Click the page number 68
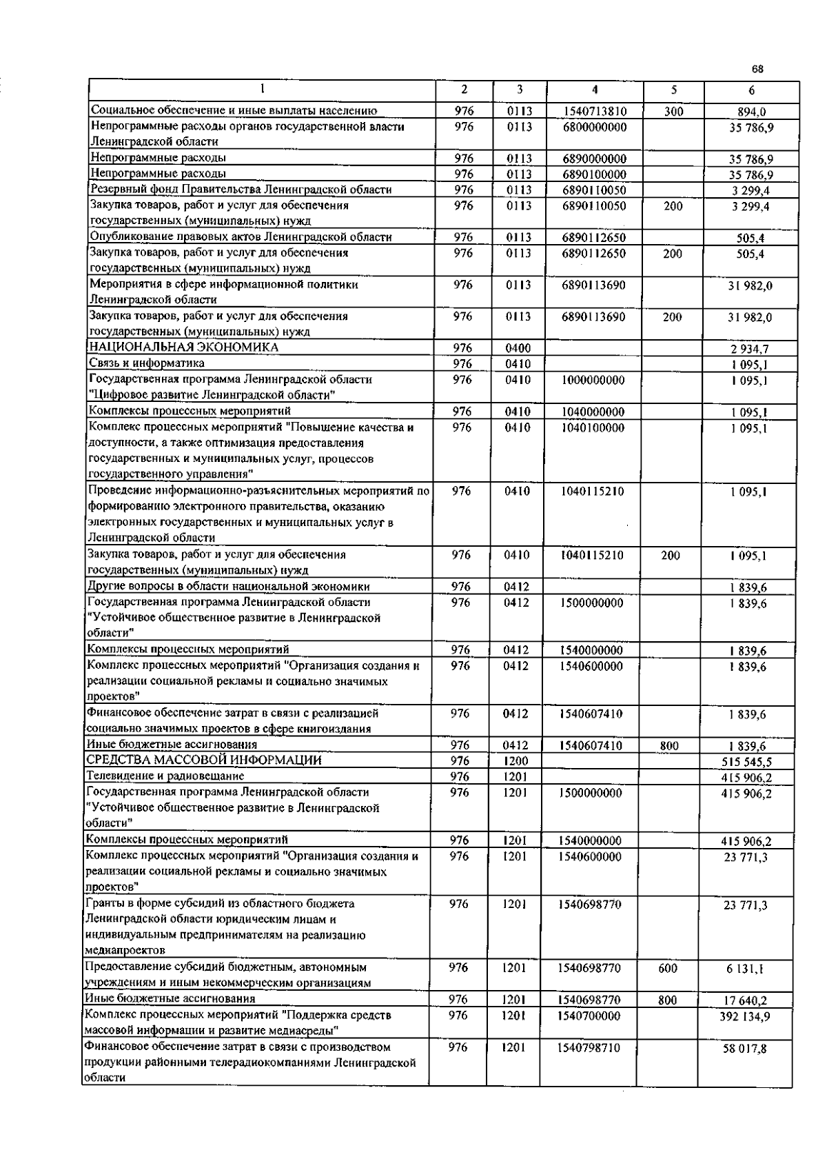[x=757, y=69]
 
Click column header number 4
[x=594, y=90]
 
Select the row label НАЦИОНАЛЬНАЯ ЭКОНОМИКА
[x=184, y=347]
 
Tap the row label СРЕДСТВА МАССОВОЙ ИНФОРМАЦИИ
[x=203, y=760]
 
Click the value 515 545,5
[x=746, y=762]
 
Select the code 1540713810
[x=594, y=111]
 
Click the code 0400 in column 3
[x=518, y=349]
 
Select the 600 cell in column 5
[x=667, y=968]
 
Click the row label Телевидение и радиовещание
[x=165, y=776]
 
